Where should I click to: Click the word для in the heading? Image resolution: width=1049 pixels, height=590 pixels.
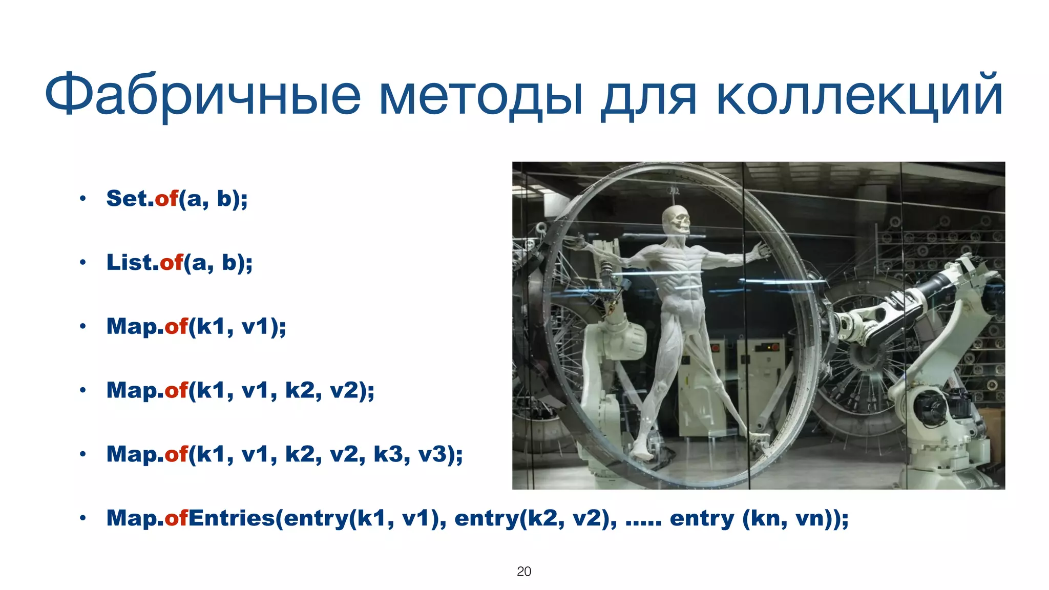pos(648,97)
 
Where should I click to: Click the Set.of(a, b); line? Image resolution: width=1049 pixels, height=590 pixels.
pos(177,199)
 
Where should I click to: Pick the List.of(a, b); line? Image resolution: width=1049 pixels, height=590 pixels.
pos(179,263)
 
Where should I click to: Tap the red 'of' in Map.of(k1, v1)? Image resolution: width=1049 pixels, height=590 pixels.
pos(176,326)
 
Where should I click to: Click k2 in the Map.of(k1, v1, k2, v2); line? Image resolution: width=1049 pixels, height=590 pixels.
pos(299,390)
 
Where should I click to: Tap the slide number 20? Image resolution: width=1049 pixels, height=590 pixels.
pos(523,572)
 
